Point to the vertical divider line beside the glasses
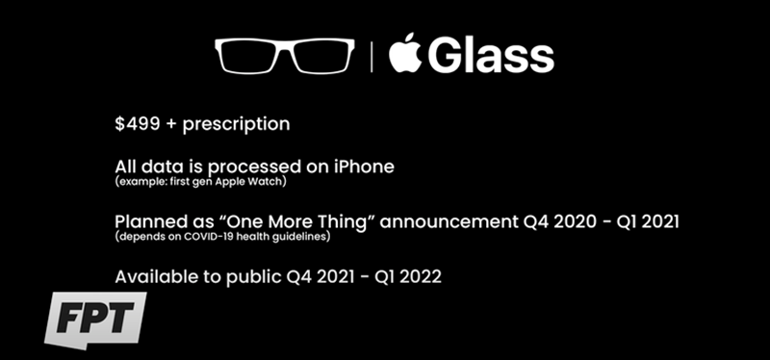click(371, 57)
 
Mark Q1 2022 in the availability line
click(409, 276)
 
